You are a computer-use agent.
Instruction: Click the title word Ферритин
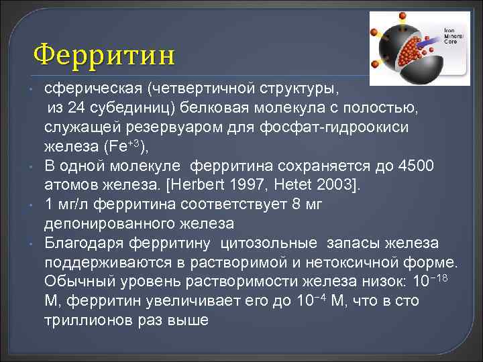point(104,53)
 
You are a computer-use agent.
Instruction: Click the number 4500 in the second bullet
point(415,165)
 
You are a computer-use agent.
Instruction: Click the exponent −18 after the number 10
point(442,277)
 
